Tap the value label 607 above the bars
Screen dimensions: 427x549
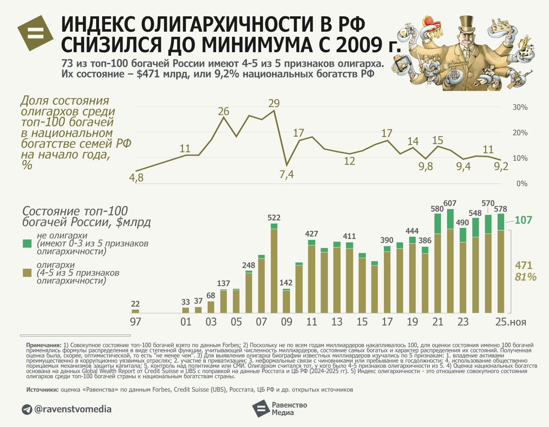click(450, 203)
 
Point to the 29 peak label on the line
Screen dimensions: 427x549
click(274, 103)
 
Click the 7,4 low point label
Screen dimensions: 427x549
click(287, 174)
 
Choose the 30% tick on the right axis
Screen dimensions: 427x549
click(520, 107)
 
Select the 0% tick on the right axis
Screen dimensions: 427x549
click(522, 184)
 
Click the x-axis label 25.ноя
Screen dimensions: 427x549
click(510, 322)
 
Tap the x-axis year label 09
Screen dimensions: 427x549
click(287, 322)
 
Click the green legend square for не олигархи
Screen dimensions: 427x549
click(27, 244)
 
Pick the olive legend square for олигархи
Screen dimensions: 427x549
click(27, 273)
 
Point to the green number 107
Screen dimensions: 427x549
click(523, 220)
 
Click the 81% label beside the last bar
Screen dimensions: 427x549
click(525, 277)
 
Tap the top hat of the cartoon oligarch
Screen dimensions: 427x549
click(466, 24)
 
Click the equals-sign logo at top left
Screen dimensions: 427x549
click(36, 33)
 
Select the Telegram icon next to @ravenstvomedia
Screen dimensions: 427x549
click(27, 409)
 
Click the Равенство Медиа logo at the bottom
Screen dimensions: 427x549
click(279, 409)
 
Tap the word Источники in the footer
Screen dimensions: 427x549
click(42, 390)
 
